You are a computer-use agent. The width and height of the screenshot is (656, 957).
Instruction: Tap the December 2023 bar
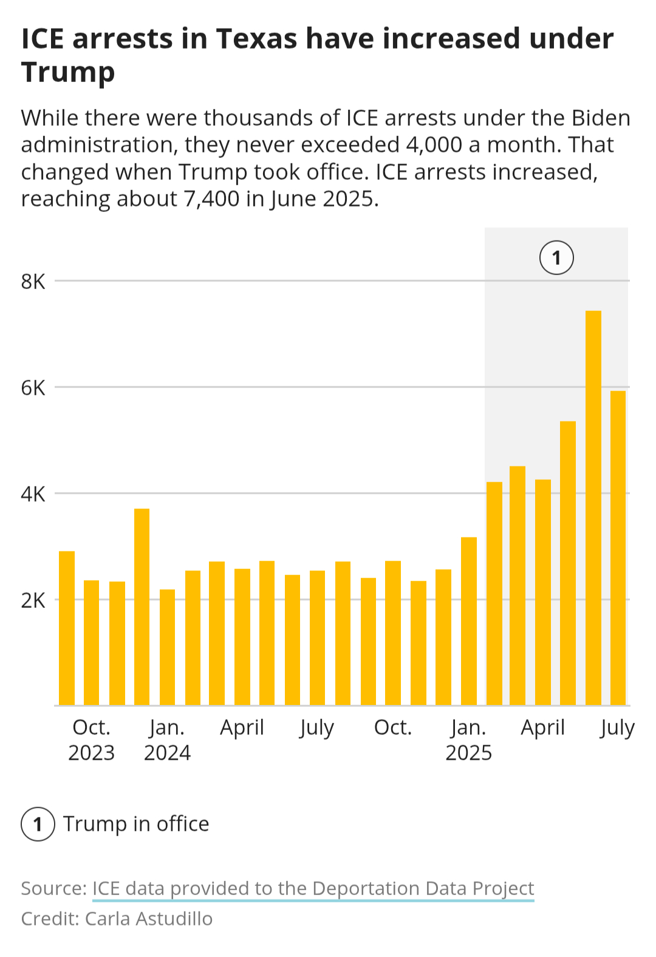[142, 607]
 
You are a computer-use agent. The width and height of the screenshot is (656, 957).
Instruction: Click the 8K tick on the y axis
[33, 282]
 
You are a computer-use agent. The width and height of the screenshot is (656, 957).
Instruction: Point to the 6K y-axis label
[33, 388]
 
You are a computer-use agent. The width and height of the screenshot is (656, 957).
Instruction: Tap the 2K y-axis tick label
[33, 601]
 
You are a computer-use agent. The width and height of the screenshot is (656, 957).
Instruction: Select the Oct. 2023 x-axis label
[91, 740]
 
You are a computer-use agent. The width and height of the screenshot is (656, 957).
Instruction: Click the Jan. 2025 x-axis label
[468, 740]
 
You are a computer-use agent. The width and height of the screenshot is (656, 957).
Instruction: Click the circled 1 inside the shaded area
[556, 258]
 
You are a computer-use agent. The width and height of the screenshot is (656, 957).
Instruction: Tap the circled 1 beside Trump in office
[38, 824]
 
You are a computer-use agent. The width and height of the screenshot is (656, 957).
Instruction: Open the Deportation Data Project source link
[313, 888]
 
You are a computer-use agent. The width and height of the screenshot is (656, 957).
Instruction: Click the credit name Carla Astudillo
[148, 919]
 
